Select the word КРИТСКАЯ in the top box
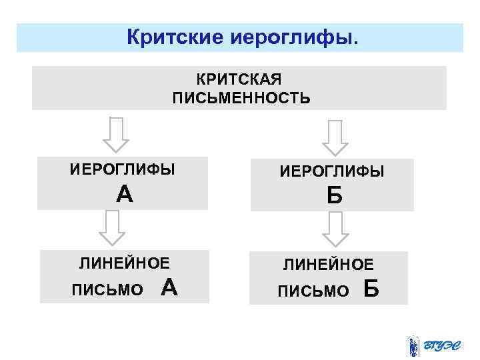click(x=240, y=80)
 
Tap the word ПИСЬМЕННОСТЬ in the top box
click(x=241, y=99)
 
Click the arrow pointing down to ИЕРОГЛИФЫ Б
click(x=335, y=137)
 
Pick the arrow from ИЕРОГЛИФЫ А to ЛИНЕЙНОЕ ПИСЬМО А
click(x=113, y=228)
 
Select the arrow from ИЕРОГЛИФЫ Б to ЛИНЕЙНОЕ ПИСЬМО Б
click(x=335, y=230)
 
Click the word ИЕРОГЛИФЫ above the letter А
click(x=123, y=169)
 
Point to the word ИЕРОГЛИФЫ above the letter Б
click(x=332, y=172)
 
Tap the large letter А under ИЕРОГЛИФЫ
click(x=124, y=194)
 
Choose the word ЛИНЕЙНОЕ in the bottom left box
click(x=125, y=263)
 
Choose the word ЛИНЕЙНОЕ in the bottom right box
click(x=329, y=265)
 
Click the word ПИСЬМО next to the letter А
click(x=107, y=290)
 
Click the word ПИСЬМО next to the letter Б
click(x=313, y=291)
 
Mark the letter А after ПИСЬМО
click(x=169, y=287)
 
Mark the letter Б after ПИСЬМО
click(x=372, y=289)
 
